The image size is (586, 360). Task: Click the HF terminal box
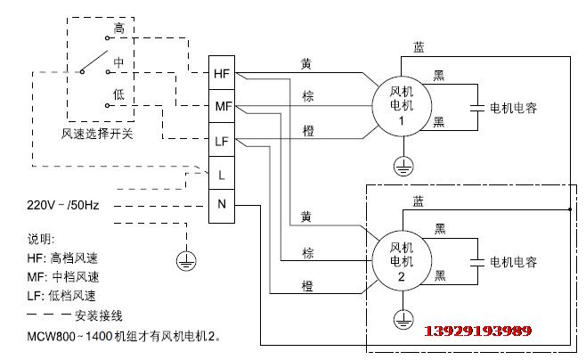click(223, 73)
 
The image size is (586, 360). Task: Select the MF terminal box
click(223, 107)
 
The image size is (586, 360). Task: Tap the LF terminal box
click(223, 140)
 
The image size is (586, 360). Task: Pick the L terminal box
click(223, 173)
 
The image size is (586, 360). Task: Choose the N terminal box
click(223, 206)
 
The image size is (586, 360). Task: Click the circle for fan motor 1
click(401, 106)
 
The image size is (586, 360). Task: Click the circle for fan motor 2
click(401, 260)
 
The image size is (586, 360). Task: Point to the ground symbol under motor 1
click(401, 165)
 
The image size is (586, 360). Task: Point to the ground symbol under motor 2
click(401, 318)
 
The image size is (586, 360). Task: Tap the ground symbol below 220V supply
click(186, 260)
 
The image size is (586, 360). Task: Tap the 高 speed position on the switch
click(118, 29)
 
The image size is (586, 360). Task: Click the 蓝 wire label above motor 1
click(419, 45)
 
